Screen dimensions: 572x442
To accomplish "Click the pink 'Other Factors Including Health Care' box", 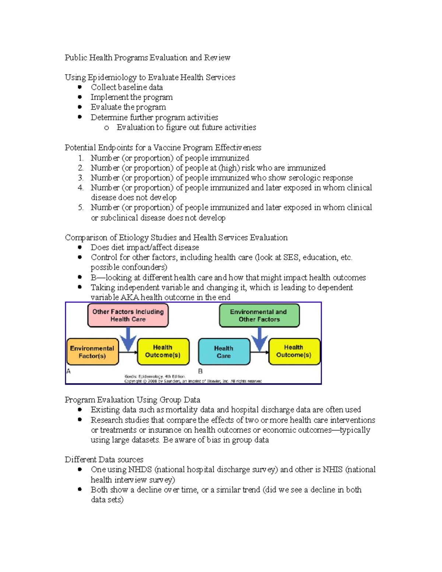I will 128,315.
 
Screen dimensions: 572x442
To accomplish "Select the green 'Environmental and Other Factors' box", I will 259,316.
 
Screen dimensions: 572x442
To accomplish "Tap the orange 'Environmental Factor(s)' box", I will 92,352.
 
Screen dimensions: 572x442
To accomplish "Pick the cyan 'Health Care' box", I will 224,352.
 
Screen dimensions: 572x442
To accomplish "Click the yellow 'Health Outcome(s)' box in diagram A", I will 163,351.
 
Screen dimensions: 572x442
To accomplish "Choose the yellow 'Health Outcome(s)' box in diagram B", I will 294,351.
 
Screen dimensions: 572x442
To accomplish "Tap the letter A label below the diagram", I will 69,371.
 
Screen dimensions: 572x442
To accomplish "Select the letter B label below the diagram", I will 200,371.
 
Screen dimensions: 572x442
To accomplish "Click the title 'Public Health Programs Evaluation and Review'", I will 147,58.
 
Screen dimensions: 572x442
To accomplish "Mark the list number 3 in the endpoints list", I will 80,178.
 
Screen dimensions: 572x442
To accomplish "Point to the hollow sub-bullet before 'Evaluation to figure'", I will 106,128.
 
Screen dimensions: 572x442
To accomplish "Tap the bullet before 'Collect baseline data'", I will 80,87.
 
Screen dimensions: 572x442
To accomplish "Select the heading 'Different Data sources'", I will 104,460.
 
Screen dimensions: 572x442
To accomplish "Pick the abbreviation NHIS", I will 332,470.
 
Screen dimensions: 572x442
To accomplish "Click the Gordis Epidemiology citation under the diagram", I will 155,376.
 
